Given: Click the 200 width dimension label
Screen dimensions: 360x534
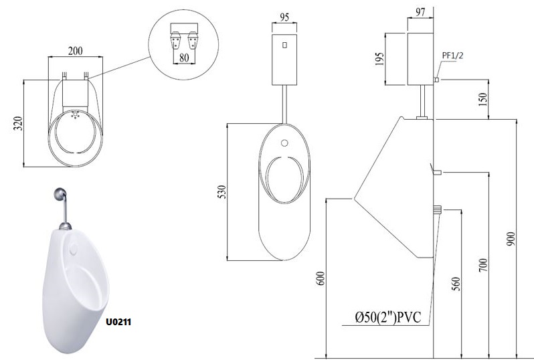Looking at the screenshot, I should click(x=75, y=50).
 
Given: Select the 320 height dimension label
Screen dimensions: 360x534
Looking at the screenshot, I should click(x=18, y=124).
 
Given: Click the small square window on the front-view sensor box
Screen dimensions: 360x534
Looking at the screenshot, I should click(x=284, y=46).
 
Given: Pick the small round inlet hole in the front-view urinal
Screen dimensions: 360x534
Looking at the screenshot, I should click(x=284, y=143).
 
